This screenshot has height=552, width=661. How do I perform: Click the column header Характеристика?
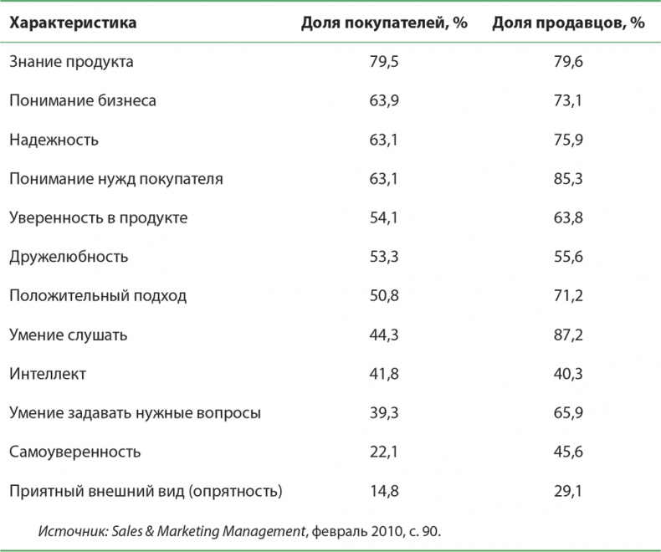73,23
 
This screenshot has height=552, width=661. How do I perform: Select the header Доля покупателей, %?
383,23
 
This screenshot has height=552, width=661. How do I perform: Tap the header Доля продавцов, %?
568,23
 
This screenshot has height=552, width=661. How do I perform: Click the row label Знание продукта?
71,62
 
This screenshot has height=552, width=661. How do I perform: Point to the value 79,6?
569,62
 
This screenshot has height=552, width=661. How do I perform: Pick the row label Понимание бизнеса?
83,100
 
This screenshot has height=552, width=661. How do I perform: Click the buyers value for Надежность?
384,140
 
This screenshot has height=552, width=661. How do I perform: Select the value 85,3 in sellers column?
569,178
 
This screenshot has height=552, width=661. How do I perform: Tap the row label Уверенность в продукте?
98,217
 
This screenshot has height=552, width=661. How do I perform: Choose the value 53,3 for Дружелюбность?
384,256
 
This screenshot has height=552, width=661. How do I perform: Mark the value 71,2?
569,295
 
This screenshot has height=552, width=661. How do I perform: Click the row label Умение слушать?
69,335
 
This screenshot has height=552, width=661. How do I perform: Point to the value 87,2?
569,335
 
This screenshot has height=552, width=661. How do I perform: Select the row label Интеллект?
48,373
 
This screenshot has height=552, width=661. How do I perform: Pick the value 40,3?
569,373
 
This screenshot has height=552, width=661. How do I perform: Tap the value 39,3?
384,412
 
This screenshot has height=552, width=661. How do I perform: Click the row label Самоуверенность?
74,451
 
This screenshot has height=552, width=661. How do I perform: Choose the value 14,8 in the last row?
384,490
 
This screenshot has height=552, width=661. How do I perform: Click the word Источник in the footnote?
69,530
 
